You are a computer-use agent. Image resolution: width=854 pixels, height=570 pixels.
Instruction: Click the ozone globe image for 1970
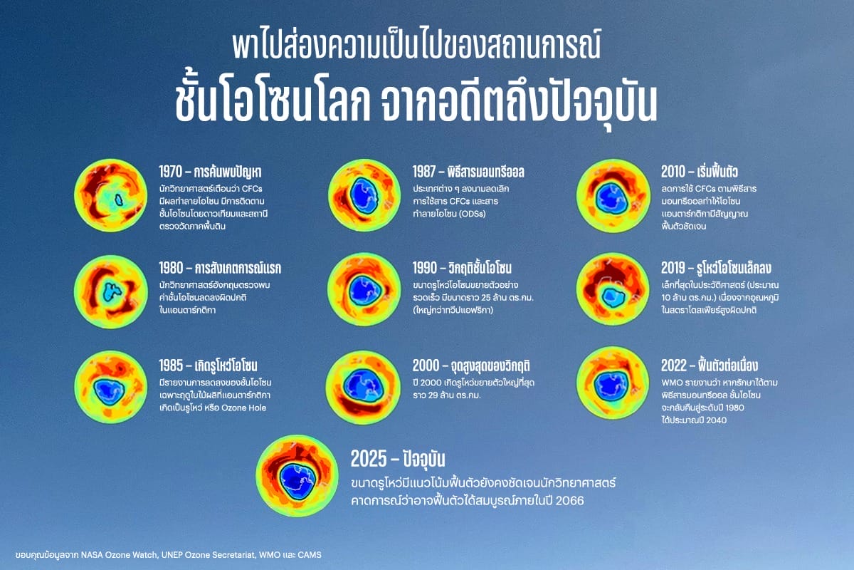click(110, 195)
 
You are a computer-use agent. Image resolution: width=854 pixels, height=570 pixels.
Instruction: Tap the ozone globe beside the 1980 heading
click(110, 291)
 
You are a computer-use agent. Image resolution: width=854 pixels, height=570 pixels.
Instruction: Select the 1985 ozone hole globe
click(110, 387)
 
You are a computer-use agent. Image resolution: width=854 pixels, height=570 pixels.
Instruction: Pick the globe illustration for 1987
click(364, 195)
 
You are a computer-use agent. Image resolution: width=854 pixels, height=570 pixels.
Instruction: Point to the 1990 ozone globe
click(364, 290)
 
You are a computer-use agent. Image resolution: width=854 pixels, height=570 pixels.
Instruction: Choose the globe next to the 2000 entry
click(363, 388)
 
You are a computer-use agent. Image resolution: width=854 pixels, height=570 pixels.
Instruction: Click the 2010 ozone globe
click(613, 195)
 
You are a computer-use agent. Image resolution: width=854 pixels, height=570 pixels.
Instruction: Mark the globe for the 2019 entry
click(613, 289)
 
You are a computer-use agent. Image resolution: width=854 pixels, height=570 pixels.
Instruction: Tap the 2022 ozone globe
click(613, 383)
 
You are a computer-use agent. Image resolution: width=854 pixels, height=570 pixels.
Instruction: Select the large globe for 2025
click(297, 476)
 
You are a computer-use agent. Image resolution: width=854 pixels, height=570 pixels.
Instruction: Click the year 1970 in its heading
click(170, 172)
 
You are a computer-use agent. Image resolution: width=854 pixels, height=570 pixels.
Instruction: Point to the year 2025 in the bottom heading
click(369, 459)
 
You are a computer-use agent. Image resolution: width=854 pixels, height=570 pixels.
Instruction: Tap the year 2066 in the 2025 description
click(569, 500)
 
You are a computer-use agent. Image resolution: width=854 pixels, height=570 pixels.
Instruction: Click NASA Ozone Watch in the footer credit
click(120, 555)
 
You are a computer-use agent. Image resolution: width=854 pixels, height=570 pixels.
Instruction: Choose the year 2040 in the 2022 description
click(716, 420)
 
